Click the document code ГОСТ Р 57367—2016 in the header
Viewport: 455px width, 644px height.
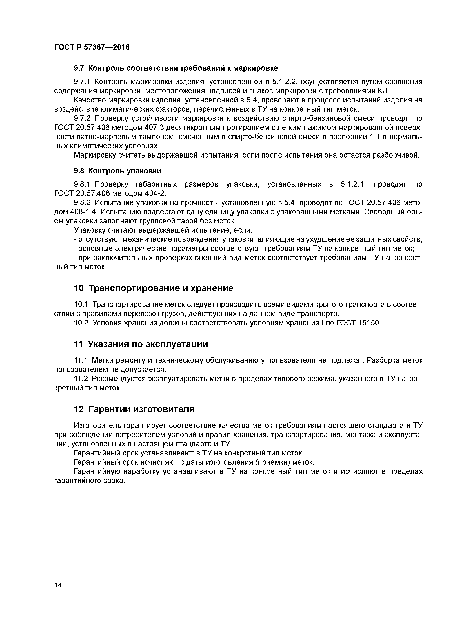click(92, 47)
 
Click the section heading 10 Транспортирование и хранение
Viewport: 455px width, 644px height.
click(153, 288)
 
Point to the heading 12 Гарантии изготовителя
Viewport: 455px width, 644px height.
click(134, 409)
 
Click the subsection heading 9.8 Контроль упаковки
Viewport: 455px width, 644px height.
click(117, 171)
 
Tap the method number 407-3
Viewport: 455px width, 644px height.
click(155, 128)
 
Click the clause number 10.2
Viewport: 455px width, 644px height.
click(81, 323)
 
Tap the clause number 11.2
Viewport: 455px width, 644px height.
click(81, 379)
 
